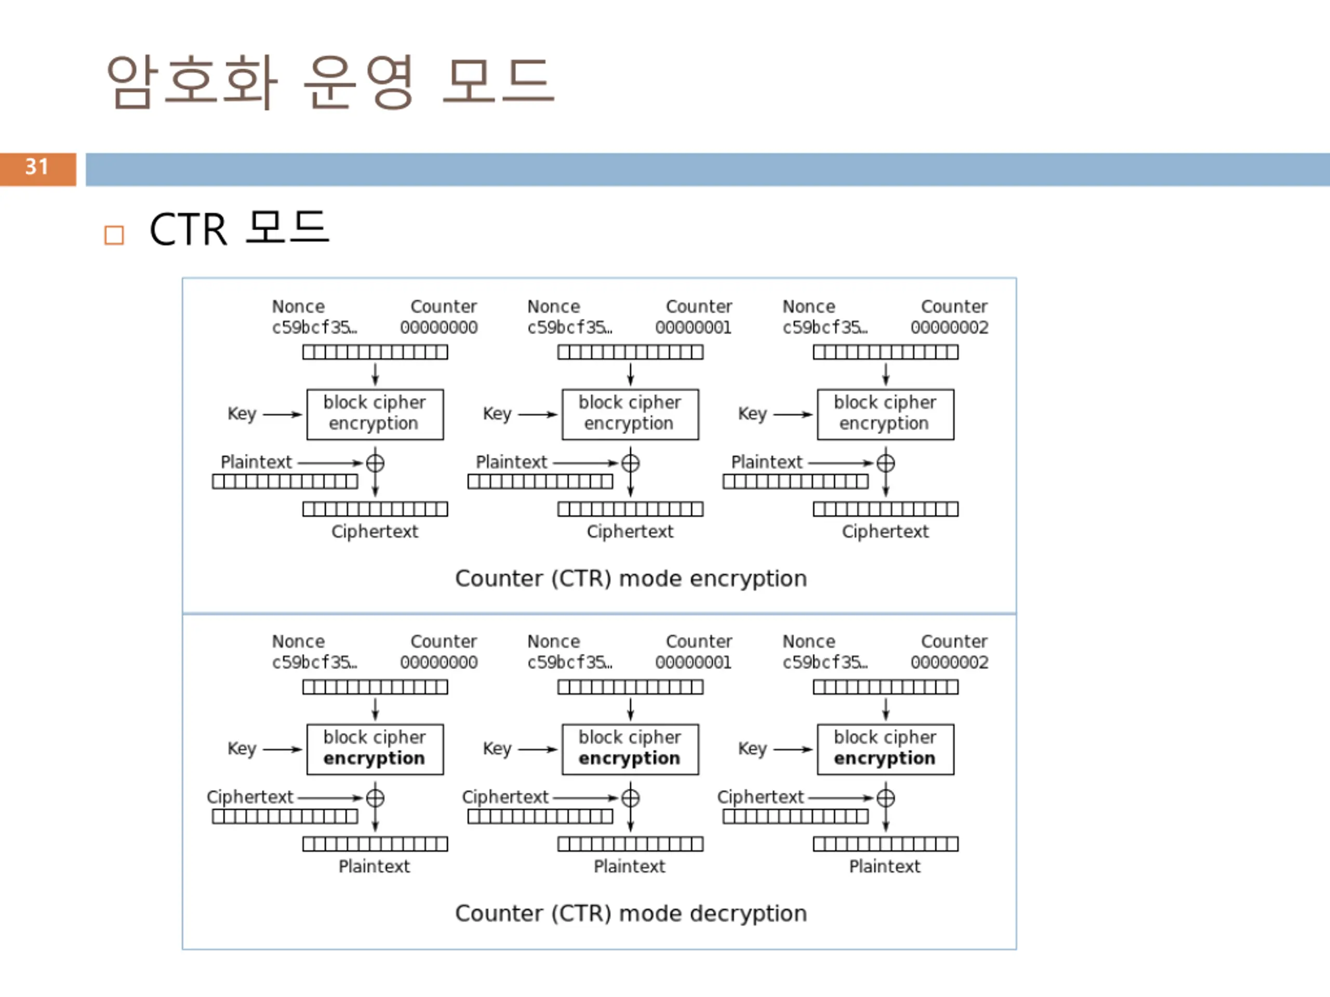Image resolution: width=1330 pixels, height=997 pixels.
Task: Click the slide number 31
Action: (37, 167)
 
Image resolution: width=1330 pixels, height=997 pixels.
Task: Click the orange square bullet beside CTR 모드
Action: (114, 235)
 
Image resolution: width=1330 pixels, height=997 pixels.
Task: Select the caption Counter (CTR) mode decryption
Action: (631, 913)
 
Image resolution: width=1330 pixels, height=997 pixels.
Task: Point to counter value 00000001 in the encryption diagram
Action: (693, 328)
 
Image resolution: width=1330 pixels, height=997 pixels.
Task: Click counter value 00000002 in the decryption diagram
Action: (949, 662)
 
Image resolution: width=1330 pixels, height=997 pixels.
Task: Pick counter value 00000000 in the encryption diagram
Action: (439, 328)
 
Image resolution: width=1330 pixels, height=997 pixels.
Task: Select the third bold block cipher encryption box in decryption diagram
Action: (886, 749)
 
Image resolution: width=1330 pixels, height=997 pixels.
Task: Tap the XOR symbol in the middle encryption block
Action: (630, 463)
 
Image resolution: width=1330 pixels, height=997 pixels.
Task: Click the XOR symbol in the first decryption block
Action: (375, 798)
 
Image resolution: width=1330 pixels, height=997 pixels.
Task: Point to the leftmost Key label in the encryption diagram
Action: (242, 414)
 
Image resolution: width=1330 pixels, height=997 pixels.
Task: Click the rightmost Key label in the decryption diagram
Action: (752, 749)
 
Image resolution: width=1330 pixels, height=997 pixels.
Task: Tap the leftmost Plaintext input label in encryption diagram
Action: (256, 462)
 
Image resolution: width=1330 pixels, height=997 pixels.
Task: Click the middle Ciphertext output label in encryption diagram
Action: (630, 532)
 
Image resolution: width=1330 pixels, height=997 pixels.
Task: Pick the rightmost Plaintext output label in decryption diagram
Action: (884, 867)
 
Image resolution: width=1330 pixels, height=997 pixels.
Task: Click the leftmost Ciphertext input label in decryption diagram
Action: (250, 797)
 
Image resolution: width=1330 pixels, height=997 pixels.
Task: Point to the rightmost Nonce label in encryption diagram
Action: (809, 306)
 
